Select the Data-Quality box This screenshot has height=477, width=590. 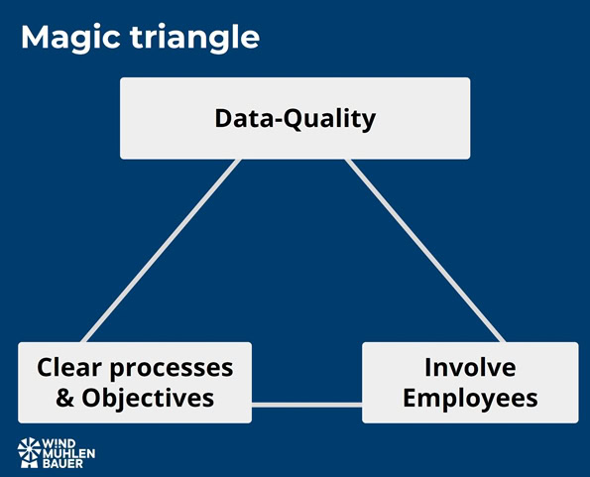(295, 118)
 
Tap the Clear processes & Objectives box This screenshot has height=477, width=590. (135, 383)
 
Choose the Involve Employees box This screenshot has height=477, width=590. (470, 383)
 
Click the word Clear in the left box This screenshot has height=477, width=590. (69, 367)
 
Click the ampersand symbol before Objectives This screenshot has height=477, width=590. (64, 398)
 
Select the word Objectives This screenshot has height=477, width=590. (148, 399)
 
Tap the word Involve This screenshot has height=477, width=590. (470, 367)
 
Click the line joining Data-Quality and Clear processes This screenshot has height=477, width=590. (162, 251)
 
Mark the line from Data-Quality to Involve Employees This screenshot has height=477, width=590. (425, 251)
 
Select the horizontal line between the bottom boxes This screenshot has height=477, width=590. (306, 405)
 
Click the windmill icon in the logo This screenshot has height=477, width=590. (29, 452)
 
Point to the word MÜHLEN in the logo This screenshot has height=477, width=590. (68, 453)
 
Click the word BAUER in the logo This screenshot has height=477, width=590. (62, 463)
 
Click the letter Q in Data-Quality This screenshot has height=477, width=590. (292, 119)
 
